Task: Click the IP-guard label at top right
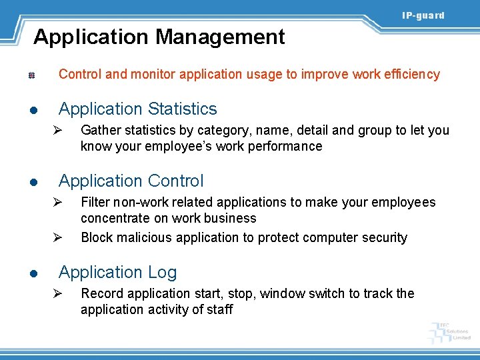click(423, 15)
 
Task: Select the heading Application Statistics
click(138, 109)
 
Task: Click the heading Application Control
click(131, 181)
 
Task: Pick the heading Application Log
click(118, 272)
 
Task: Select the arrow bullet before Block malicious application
click(58, 238)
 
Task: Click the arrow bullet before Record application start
click(58, 294)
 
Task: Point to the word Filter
click(94, 202)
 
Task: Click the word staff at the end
click(219, 309)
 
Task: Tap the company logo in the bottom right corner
click(450, 331)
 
